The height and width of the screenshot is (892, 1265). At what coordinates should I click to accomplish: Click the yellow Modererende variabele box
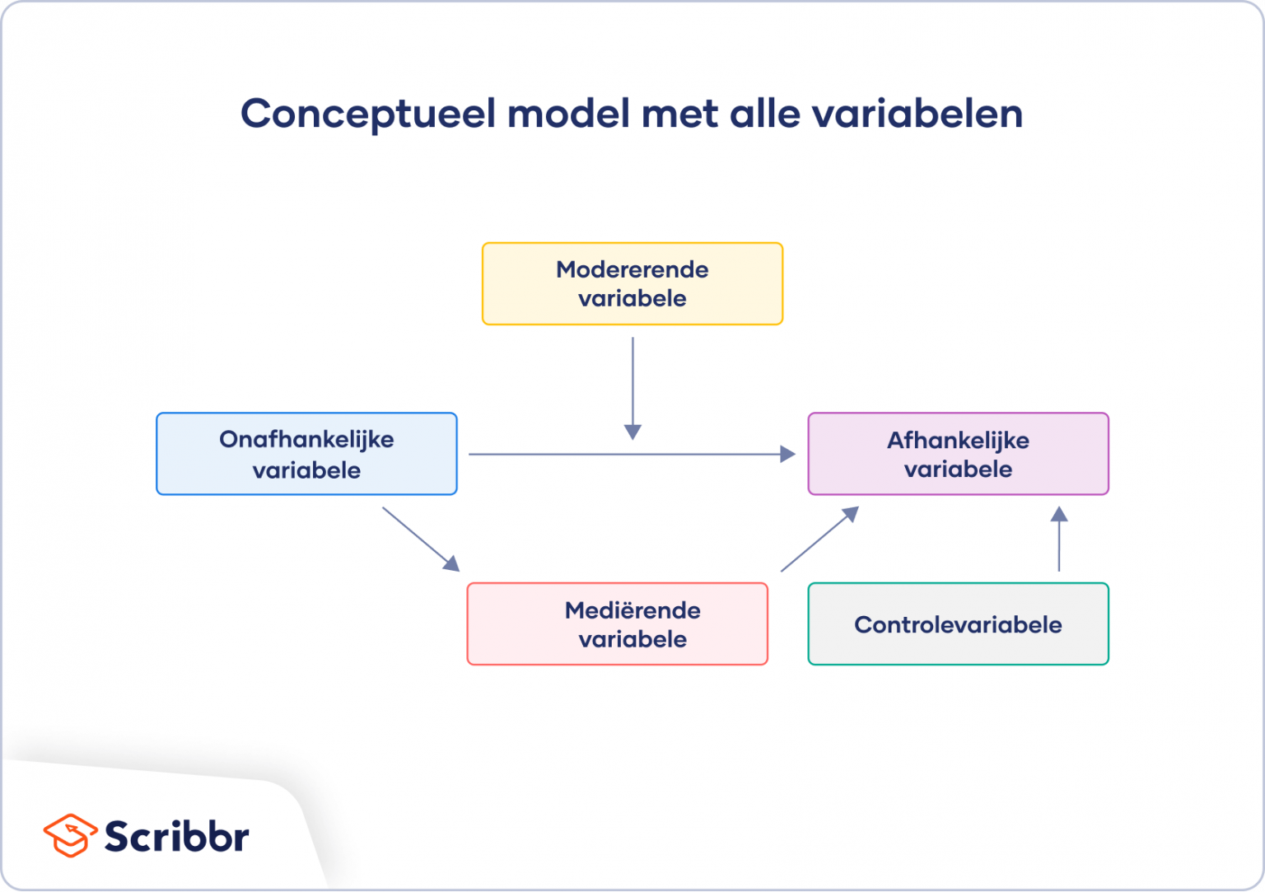tap(632, 283)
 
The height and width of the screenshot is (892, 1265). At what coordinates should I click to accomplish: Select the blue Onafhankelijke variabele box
tap(306, 454)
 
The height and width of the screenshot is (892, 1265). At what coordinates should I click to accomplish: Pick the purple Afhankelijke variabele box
tap(958, 454)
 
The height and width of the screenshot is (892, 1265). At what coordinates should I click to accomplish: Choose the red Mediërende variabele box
tap(617, 623)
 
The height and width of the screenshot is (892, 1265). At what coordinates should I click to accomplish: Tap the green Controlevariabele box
tap(958, 623)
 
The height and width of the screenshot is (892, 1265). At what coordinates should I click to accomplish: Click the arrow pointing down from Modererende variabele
tap(632, 387)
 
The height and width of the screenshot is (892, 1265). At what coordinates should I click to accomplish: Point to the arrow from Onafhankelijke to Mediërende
tap(420, 539)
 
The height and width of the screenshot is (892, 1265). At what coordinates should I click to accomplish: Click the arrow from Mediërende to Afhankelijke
tap(819, 539)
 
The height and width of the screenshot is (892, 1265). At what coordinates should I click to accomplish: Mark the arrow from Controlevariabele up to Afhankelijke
tap(1059, 539)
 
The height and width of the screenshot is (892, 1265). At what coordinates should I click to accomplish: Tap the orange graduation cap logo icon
tap(70, 836)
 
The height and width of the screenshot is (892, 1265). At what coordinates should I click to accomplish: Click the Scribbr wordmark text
tap(176, 837)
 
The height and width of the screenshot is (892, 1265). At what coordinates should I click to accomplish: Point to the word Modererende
tap(632, 269)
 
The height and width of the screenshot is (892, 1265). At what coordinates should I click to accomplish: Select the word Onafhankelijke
tap(306, 440)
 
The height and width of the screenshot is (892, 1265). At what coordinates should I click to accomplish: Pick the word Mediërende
tap(632, 610)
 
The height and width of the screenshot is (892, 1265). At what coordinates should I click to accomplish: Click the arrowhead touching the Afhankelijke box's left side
tap(787, 454)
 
